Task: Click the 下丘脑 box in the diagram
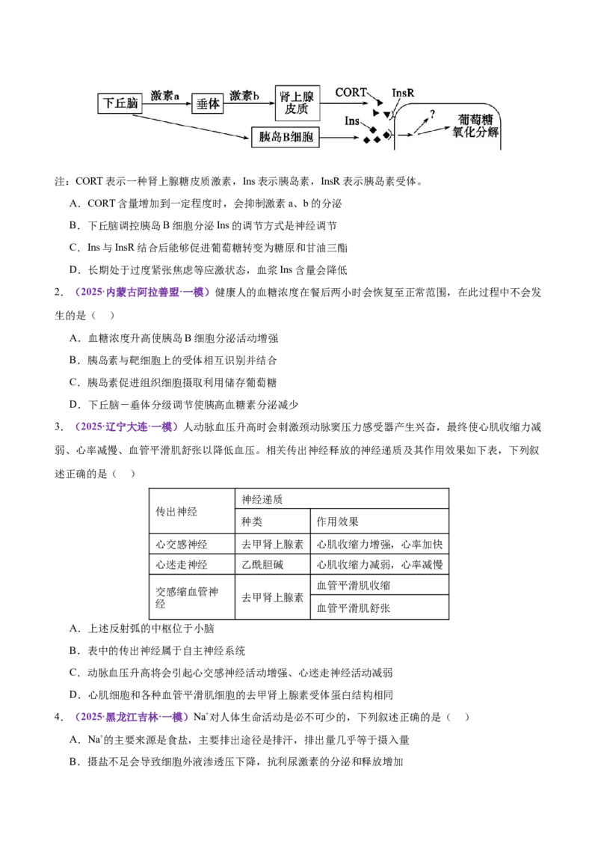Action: pos(120,103)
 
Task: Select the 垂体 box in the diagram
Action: pos(208,103)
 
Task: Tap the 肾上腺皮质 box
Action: pos(298,103)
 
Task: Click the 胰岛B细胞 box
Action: pos(286,137)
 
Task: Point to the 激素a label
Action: pos(164,96)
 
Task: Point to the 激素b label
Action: pos(244,96)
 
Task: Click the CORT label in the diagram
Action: pos(351,92)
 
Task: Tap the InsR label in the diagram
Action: pos(403,93)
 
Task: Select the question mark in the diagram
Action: pos(432,114)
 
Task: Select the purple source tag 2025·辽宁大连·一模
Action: pos(124,426)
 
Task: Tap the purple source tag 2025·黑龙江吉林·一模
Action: pos(129,717)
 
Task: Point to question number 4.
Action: pos(58,717)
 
